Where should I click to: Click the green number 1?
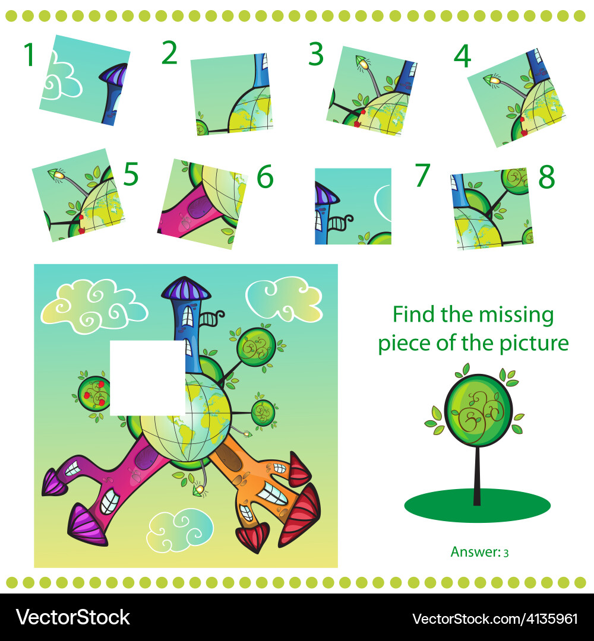click(x=29, y=55)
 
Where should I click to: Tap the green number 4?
click(x=463, y=56)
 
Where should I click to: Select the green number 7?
click(x=422, y=175)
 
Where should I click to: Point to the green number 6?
click(x=265, y=177)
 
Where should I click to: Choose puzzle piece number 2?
click(x=232, y=94)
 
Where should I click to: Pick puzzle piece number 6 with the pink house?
click(x=203, y=204)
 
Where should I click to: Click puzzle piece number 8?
click(x=492, y=208)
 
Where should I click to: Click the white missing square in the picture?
click(x=148, y=377)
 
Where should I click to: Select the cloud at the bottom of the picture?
click(x=180, y=529)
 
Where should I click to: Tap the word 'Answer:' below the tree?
click(x=476, y=552)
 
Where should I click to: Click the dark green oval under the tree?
click(x=478, y=506)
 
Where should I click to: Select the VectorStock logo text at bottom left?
click(x=73, y=617)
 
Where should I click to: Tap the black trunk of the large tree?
click(x=477, y=475)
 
